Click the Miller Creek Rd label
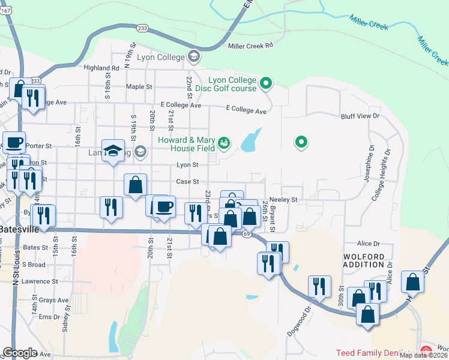tap(250, 45)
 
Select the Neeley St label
tap(284, 199)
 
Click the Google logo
tap(20, 353)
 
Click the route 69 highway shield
tap(246, 235)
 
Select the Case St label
tap(187, 182)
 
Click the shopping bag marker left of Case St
tap(136, 184)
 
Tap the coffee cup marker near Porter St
tap(14, 143)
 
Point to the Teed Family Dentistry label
tap(376, 353)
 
